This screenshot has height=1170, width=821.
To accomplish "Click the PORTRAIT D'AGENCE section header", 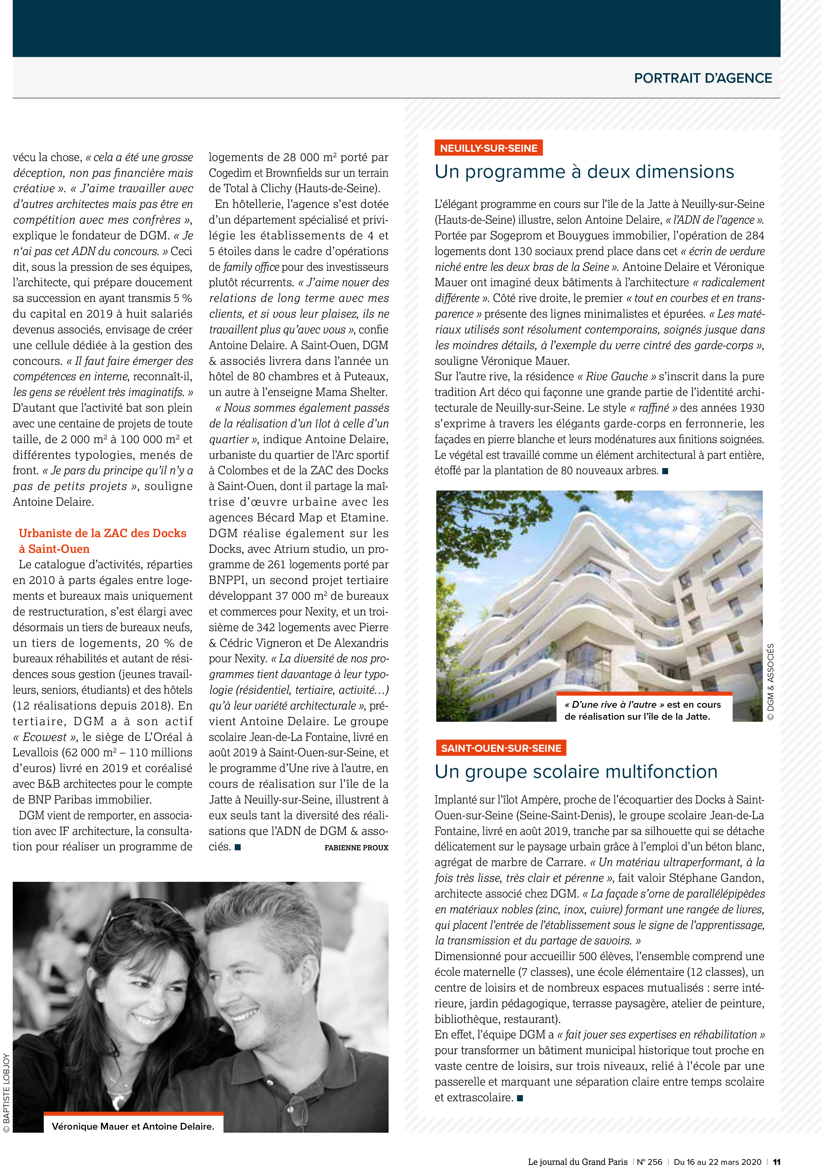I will [x=702, y=78].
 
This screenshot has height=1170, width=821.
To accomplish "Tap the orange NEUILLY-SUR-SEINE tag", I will [x=488, y=148].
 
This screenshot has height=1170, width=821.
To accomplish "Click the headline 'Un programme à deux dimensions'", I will [x=584, y=172].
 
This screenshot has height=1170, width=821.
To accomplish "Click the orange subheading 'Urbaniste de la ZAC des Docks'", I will [x=103, y=533].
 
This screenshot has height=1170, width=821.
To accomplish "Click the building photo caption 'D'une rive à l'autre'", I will [x=642, y=710].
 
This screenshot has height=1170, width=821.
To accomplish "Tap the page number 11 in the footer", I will [x=776, y=1162].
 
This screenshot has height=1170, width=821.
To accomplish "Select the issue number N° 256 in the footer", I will [x=649, y=1162].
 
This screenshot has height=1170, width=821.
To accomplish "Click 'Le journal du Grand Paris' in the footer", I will [x=577, y=1162].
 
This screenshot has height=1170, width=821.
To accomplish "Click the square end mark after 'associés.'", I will [x=238, y=847].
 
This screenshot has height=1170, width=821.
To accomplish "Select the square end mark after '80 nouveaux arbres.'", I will [x=665, y=471].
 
